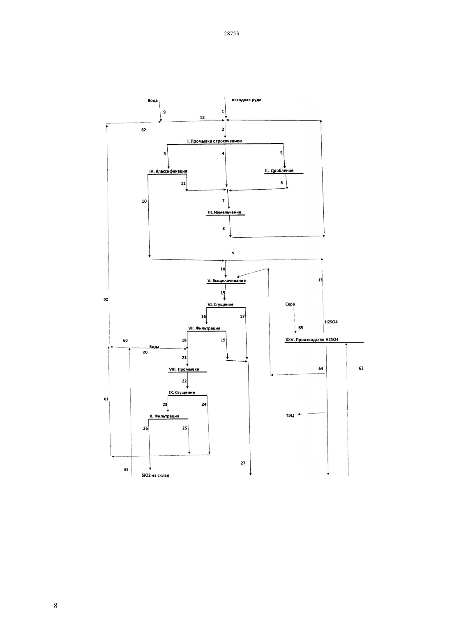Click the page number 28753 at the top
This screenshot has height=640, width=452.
tap(231, 33)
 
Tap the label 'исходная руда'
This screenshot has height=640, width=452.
tap(247, 100)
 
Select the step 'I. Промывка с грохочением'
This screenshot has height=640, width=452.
tap(214, 141)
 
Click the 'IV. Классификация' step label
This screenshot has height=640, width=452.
tap(168, 172)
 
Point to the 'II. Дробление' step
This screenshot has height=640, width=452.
tap(279, 171)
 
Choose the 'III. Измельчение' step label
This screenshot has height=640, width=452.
tap(225, 212)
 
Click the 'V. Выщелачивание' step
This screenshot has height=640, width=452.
tap(226, 281)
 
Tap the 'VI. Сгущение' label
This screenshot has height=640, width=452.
tap(220, 304)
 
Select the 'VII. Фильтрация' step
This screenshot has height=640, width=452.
tap(204, 328)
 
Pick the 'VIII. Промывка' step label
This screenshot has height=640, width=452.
tap(184, 369)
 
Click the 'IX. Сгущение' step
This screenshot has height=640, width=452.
tap(182, 392)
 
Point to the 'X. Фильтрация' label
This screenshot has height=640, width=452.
tap(164, 416)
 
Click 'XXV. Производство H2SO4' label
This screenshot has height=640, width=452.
tap(312, 340)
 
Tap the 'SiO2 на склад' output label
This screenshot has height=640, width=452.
tap(155, 475)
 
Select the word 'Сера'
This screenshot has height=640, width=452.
tap(290, 304)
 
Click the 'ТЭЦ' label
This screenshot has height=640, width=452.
tap(290, 415)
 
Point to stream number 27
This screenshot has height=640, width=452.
tap(243, 463)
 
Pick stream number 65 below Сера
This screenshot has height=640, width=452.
tap(301, 328)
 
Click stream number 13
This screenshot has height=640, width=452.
tap(320, 280)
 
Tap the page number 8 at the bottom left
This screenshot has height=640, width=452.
tap(55, 605)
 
